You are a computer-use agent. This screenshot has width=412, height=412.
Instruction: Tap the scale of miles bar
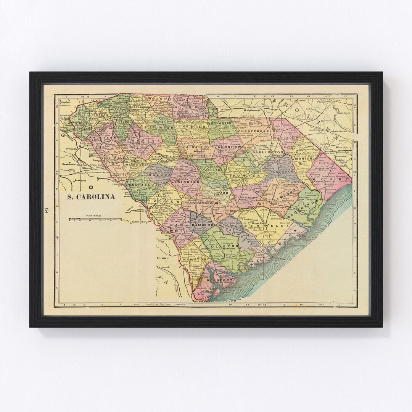[x=95, y=220]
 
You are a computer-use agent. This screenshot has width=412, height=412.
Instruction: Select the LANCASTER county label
[x=220, y=124]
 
